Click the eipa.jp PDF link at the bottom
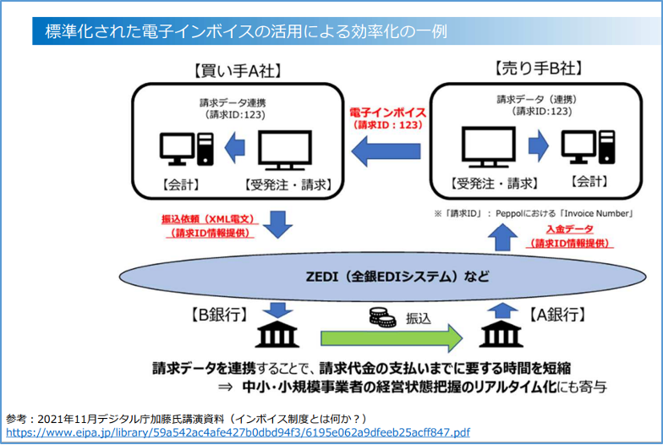(x=238, y=432)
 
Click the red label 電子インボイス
(x=387, y=112)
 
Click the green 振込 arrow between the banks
(x=391, y=337)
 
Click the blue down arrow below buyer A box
(x=277, y=225)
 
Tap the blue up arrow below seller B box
(x=501, y=239)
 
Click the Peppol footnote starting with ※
(x=534, y=212)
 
